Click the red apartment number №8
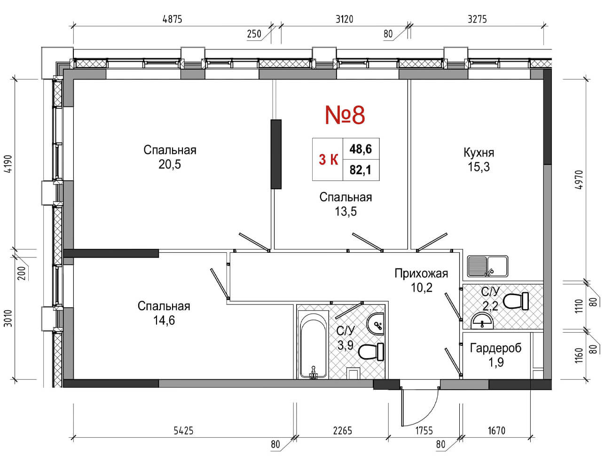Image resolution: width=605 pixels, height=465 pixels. [345, 115]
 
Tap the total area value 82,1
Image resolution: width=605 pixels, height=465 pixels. [361, 170]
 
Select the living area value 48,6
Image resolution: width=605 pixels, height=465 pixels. [361, 149]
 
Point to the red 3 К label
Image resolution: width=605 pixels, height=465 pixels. [329, 160]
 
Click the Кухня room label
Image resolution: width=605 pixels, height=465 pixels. [479, 152]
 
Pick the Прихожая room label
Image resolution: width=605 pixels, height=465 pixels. [421, 273]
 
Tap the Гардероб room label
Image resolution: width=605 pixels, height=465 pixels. [495, 348]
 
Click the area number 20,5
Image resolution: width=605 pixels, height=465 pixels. [170, 164]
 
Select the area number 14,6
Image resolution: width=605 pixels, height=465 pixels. [164, 321]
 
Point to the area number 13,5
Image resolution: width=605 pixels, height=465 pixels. [346, 211]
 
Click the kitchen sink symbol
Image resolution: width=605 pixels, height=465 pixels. [488, 266]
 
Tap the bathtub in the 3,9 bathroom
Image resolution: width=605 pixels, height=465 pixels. [313, 345]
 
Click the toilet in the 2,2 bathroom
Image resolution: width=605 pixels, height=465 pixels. [516, 301]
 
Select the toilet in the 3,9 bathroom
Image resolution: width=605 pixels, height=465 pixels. [371, 352]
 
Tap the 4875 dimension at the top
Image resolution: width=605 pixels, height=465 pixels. [173, 19]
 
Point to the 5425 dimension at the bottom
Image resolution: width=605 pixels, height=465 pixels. [183, 431]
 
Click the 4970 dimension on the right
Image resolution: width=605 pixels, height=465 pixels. [578, 180]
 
